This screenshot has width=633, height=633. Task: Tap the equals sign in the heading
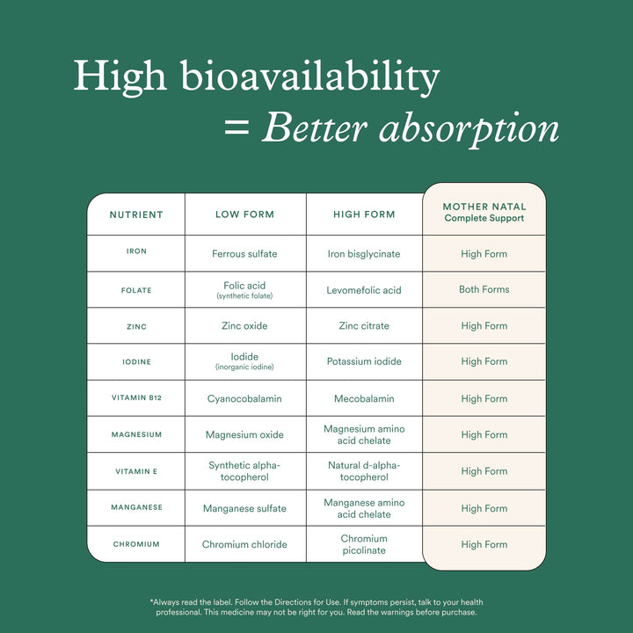point(236,128)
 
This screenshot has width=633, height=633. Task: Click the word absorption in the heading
point(469,128)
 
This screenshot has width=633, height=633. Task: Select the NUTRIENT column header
point(136,215)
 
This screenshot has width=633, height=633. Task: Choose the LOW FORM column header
point(244,215)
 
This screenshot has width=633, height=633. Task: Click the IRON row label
point(136,251)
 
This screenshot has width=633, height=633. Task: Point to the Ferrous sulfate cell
point(244,254)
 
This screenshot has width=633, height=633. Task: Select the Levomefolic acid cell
point(364,290)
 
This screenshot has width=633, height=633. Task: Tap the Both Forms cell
point(484,289)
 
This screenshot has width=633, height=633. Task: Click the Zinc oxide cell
point(244,326)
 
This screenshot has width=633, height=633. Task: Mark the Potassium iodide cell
point(364,361)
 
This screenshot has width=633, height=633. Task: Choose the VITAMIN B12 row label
point(136,398)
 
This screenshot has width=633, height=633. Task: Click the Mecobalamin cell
point(364,398)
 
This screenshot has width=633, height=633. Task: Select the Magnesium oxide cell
point(244,434)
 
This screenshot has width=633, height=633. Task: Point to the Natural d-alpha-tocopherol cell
point(364,471)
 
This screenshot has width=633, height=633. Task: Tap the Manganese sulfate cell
point(244,508)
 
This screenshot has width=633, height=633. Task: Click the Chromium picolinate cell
point(364,544)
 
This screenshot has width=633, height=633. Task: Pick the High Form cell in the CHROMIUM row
point(484,544)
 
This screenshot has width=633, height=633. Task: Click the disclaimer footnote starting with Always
point(316,607)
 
